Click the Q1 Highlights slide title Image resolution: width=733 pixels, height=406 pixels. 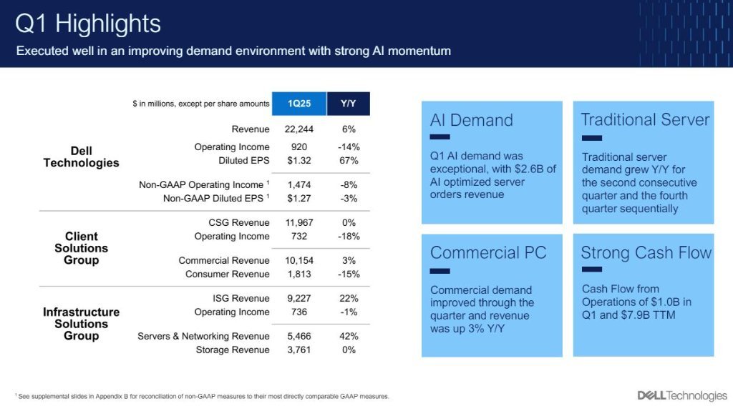point(88,24)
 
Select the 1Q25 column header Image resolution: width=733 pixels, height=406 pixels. point(298,104)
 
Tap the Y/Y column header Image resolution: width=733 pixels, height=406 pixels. point(349,104)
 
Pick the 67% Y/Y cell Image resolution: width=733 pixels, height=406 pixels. point(349,160)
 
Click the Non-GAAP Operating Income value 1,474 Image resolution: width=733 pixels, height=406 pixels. point(298,185)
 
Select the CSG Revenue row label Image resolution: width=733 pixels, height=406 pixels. point(239,223)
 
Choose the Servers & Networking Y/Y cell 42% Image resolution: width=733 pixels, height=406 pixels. point(349,337)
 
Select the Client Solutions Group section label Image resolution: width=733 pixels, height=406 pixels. point(81,248)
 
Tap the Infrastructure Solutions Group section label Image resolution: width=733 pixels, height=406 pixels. point(81,324)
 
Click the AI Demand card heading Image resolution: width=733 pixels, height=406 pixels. point(471,120)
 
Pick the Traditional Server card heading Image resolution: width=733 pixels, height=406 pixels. point(645,120)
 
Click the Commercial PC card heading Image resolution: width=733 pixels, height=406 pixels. point(488,253)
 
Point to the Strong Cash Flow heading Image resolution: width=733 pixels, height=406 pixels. point(646,253)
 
